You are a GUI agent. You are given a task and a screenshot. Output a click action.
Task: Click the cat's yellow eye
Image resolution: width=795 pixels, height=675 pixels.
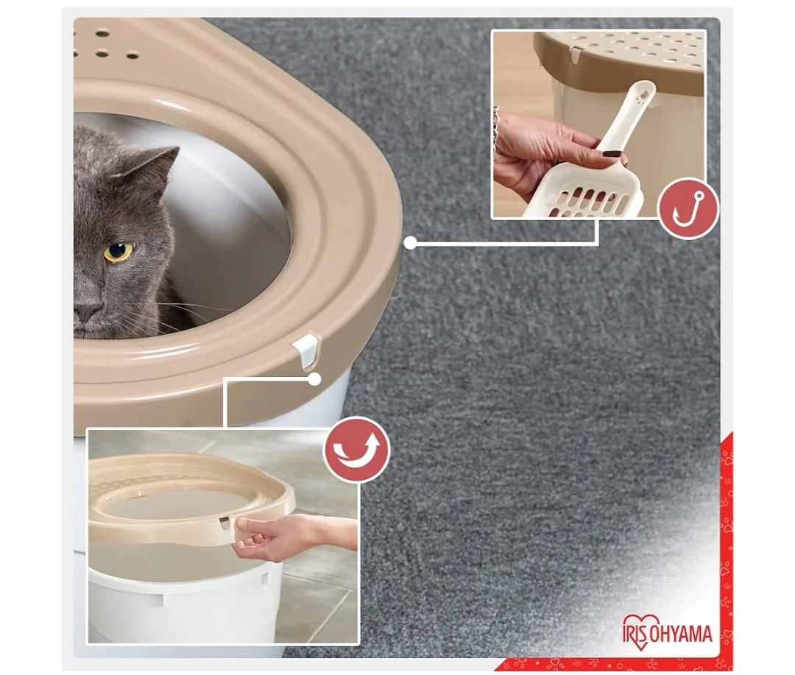[x=119, y=252]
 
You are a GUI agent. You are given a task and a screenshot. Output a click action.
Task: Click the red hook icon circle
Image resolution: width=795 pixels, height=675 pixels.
[x=688, y=208]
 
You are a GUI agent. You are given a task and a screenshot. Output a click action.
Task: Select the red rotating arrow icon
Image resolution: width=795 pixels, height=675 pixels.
[x=357, y=449]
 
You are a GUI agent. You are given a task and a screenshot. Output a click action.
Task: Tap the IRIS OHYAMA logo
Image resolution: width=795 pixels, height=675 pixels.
[x=667, y=632]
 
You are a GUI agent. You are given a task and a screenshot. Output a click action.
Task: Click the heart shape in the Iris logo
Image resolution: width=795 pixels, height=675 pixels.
[x=641, y=632]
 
